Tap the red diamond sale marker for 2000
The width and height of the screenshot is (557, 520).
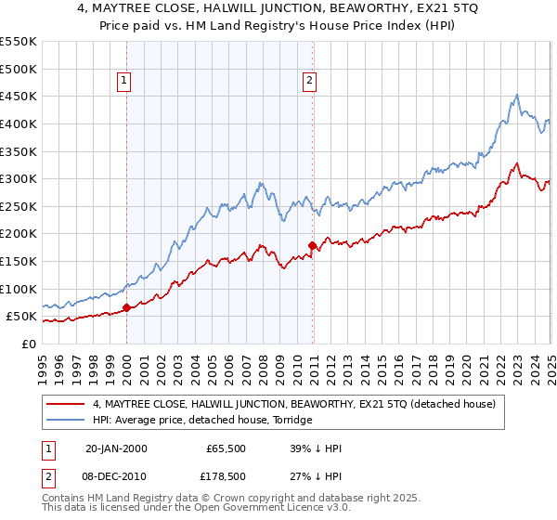(127, 307)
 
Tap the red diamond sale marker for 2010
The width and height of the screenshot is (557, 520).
(313, 246)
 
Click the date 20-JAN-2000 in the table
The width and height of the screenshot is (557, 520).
(116, 448)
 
